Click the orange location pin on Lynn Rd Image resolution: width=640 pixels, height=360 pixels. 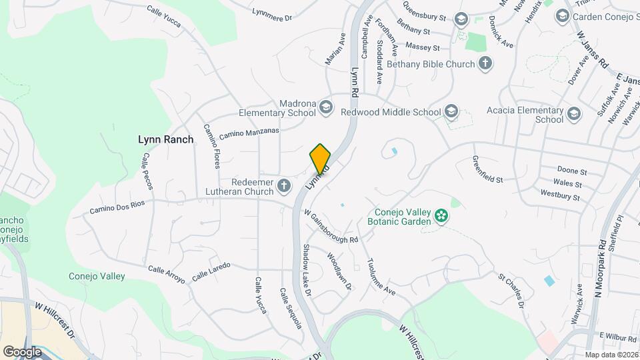320,158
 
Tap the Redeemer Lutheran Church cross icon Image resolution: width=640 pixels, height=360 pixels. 285,186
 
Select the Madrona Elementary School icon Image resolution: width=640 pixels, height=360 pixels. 325,107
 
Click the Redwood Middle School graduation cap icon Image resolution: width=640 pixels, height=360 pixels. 451,111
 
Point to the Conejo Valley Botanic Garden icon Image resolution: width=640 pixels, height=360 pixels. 440,215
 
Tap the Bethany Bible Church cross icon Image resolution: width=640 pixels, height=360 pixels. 486,64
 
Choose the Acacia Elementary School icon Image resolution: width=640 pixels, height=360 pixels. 574,115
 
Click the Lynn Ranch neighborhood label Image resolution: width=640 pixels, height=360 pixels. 165,139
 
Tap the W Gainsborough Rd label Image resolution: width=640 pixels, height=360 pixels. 331,226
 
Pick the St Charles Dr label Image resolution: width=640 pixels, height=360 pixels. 511,290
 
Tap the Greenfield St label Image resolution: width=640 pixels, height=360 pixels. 487,170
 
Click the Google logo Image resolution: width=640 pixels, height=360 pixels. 22,351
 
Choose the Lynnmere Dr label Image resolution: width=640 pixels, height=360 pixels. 273,14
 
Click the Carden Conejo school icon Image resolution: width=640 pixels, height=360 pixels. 562,15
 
